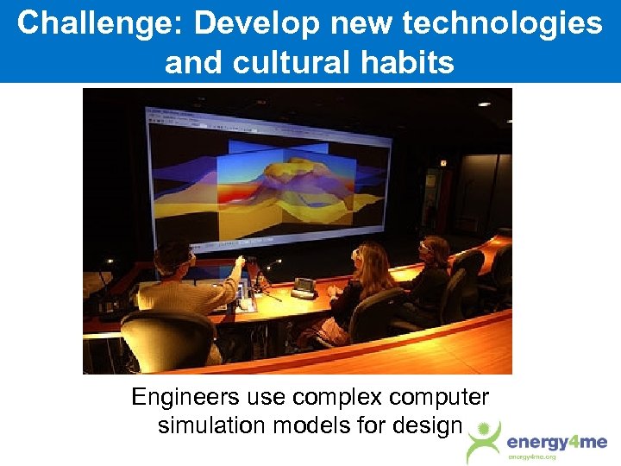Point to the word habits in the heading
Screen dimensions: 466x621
point(409,62)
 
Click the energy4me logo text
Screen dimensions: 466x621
point(556,443)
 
